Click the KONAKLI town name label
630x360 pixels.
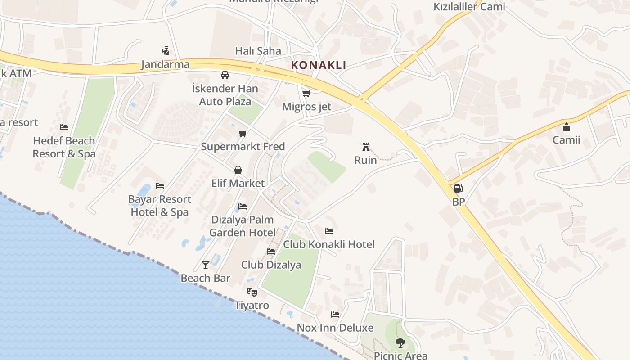pyautogui.click(x=319, y=65)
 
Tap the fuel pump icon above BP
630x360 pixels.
pyautogui.click(x=458, y=189)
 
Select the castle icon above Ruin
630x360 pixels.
pyautogui.click(x=365, y=147)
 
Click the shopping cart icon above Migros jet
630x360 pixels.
pyautogui.click(x=306, y=93)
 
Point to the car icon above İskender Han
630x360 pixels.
pyautogui.click(x=225, y=75)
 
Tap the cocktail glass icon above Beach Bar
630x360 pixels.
pyautogui.click(x=206, y=265)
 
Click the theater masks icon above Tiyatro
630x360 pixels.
pyautogui.click(x=252, y=292)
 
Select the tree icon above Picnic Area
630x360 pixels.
pyautogui.click(x=400, y=343)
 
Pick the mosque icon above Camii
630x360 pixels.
pyautogui.click(x=566, y=127)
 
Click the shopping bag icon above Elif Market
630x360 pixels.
pyautogui.click(x=238, y=170)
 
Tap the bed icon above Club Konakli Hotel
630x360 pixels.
pyautogui.click(x=329, y=231)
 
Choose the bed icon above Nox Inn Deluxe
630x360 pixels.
pyautogui.click(x=335, y=314)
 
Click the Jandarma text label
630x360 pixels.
pyautogui.click(x=165, y=64)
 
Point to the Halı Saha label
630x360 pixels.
pyautogui.click(x=258, y=51)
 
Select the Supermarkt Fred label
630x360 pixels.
pyautogui.click(x=243, y=147)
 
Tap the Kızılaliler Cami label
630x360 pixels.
pyautogui.click(x=469, y=7)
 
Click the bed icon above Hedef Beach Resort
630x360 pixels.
pyautogui.click(x=64, y=127)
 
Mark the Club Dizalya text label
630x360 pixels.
pyautogui.click(x=271, y=265)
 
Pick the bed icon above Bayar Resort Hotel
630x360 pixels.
pyautogui.click(x=159, y=185)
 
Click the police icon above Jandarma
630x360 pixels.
pyautogui.click(x=165, y=51)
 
